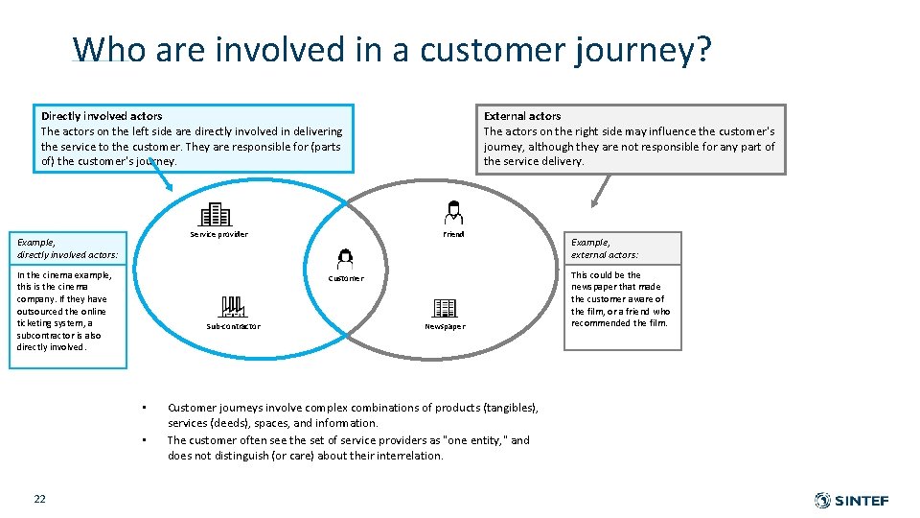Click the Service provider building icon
216,214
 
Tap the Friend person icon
453,213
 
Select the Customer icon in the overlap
345,258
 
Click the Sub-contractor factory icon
233,306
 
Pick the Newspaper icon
445,307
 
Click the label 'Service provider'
218,234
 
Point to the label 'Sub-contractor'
233,326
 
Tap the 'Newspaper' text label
445,326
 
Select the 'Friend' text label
453,234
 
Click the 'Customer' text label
346,278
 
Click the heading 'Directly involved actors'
102,116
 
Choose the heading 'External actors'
522,116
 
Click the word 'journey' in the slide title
643,49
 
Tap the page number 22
39,498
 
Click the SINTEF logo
851,500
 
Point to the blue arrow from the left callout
160,178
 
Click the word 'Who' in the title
108,49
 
